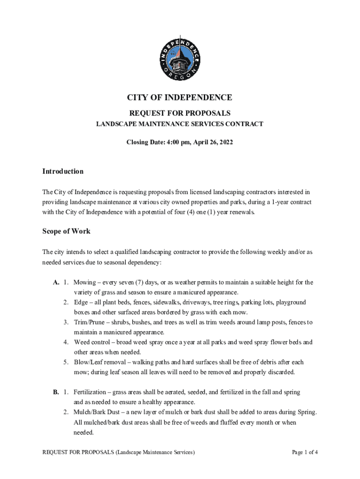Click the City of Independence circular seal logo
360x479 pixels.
click(180, 56)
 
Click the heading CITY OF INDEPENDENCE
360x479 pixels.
click(180, 98)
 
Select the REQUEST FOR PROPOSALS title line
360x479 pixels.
click(180, 113)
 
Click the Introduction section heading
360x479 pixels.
click(63, 171)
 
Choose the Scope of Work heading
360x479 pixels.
click(66, 231)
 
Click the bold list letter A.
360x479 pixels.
click(56, 283)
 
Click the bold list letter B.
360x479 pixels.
click(56, 392)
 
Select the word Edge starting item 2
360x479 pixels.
click(81, 303)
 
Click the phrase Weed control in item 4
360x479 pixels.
click(91, 342)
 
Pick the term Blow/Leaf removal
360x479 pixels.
click(98, 362)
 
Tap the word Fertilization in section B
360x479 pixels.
click(91, 392)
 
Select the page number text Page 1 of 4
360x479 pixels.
click(305, 452)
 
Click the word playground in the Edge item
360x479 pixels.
click(291, 303)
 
